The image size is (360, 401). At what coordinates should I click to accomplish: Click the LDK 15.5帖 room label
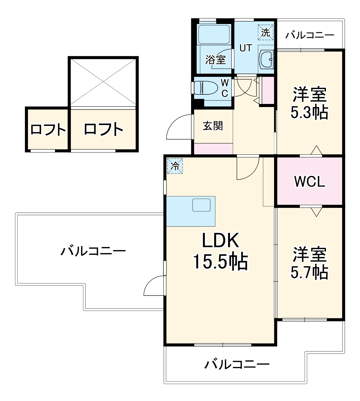tap(220, 252)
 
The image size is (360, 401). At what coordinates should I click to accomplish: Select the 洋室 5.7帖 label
tap(309, 263)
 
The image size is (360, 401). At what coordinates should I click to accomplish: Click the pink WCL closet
tap(310, 182)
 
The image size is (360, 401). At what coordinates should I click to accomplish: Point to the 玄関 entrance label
tap(213, 126)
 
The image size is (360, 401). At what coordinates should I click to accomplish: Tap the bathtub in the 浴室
tap(213, 34)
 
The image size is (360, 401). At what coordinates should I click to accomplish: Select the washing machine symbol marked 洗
tap(265, 32)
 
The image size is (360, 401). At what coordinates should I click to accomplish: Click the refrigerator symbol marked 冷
tap(175, 166)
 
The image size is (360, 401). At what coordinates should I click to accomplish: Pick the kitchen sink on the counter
tap(201, 205)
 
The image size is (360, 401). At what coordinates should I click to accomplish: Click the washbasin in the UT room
tap(266, 58)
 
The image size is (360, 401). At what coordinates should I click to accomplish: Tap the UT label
tap(246, 48)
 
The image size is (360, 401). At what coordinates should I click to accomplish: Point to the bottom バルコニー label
tap(237, 365)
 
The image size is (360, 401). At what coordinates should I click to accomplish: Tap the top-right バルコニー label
tap(309, 35)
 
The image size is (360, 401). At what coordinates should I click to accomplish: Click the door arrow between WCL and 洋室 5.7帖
tap(316, 212)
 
